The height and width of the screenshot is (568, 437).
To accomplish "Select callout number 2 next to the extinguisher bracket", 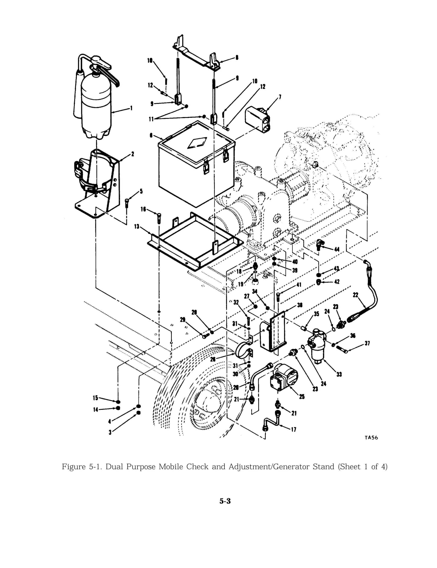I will (133, 154).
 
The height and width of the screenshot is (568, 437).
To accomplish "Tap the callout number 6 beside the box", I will (151, 135).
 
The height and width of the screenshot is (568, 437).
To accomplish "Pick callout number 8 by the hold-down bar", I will (237, 58).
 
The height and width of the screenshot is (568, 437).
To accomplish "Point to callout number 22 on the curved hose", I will (355, 295).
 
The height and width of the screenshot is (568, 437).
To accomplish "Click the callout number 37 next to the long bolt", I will (367, 343).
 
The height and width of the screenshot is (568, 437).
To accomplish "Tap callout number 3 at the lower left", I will (110, 433).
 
